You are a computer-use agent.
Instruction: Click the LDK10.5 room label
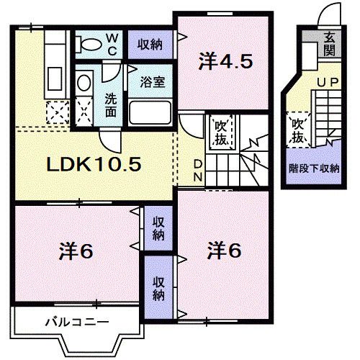[94, 164]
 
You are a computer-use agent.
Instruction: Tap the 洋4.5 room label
[225, 62]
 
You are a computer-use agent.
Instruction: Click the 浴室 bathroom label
[152, 81]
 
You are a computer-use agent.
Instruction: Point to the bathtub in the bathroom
[150, 113]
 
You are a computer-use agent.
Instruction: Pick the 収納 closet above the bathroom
[150, 44]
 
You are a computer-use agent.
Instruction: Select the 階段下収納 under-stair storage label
[314, 169]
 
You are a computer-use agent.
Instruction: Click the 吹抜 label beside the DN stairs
[220, 132]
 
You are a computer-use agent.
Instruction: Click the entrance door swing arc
[330, 14]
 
